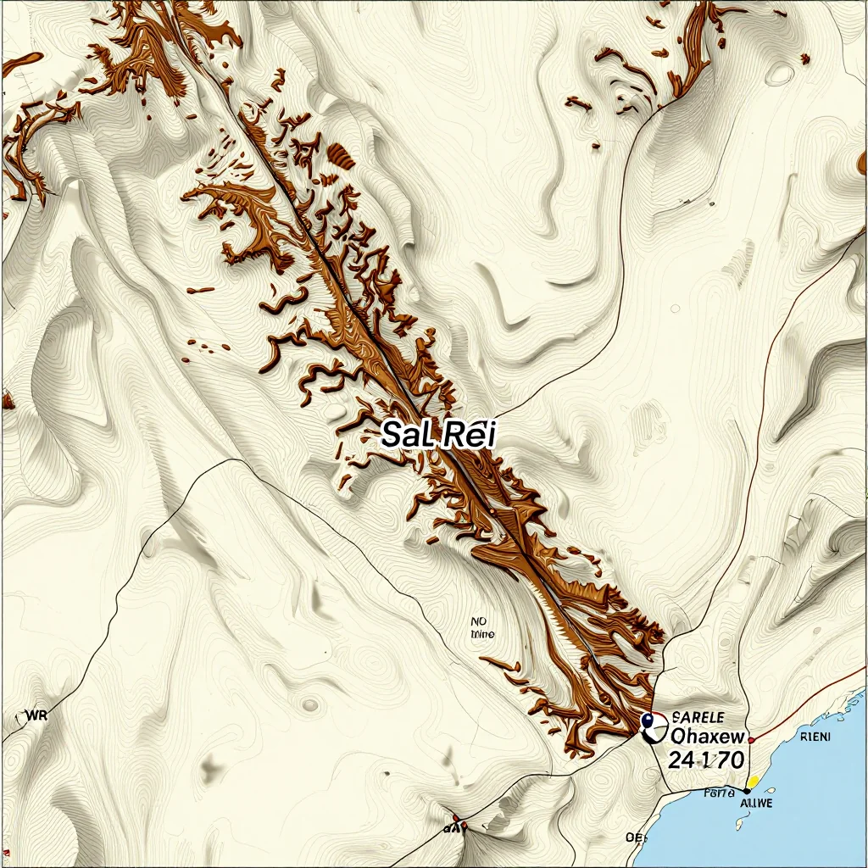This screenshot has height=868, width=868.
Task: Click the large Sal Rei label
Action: (x=438, y=434)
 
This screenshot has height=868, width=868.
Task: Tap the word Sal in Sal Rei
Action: (x=406, y=434)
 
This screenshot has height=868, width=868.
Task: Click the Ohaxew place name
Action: (x=707, y=735)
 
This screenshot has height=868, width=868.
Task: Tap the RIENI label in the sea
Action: (x=815, y=737)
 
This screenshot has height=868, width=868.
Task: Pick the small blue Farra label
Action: (x=718, y=793)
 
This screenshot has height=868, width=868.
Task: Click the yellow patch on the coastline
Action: (x=752, y=779)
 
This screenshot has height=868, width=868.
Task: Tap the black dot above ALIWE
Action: (x=746, y=790)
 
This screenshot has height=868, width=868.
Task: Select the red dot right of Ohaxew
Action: (x=751, y=740)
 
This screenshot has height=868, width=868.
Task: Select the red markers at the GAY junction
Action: (x=458, y=820)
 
